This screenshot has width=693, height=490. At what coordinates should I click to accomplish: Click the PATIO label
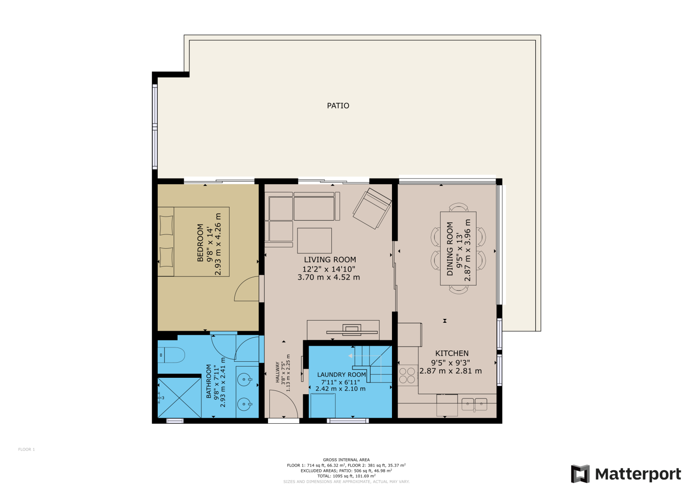338,106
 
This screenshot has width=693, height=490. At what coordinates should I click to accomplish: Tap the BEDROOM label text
201,243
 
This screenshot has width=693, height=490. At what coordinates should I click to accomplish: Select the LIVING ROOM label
330,260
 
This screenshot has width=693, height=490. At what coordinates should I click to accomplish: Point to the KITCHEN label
452,353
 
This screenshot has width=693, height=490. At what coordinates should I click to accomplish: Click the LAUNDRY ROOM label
342,375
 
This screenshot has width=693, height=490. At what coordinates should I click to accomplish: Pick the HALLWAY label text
278,372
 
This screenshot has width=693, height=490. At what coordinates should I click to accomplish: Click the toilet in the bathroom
171,355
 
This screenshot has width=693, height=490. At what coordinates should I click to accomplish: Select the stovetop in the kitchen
408,375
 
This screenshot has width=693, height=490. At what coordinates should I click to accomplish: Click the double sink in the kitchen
474,404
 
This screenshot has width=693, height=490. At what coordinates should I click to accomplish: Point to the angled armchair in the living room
372,208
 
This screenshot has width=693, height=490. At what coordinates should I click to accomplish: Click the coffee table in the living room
314,240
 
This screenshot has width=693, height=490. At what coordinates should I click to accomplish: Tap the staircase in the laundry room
373,364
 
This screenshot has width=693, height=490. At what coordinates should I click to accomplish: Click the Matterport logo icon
580,474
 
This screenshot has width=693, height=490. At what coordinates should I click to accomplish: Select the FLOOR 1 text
26,449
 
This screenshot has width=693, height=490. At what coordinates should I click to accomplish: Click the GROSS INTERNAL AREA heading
346,460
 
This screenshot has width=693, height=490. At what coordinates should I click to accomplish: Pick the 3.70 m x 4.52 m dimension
329,277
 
